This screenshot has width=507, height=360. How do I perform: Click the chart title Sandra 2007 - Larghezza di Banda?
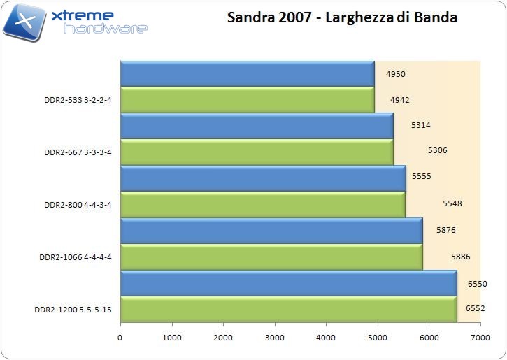click(342, 17)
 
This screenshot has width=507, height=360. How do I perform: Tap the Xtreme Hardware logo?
click(76, 21)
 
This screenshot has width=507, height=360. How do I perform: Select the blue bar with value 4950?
click(248, 74)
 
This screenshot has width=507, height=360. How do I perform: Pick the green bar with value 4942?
click(248, 99)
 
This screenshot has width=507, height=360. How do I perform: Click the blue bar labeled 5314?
click(257, 126)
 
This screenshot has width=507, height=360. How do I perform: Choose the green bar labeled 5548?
click(263, 204)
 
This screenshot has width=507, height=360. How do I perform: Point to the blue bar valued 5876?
click(271, 230)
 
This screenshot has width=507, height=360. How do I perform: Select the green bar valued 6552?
click(288, 309)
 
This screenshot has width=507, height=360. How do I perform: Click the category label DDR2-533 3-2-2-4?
click(77, 99)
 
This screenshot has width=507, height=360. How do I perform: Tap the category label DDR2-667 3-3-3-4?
click(77, 152)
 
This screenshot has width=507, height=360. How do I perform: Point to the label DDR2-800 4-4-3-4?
click(77, 204)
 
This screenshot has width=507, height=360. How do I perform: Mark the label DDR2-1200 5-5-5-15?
click(73, 309)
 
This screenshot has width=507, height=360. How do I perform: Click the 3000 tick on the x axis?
click(275, 338)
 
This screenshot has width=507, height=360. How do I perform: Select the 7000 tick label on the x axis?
click(480, 338)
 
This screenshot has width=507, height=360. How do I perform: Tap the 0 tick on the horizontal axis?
click(120, 338)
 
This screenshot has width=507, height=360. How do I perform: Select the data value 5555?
click(421, 177)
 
